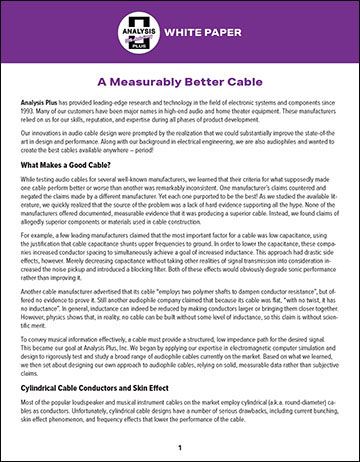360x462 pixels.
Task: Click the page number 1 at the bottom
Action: pyautogui.click(x=180, y=447)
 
